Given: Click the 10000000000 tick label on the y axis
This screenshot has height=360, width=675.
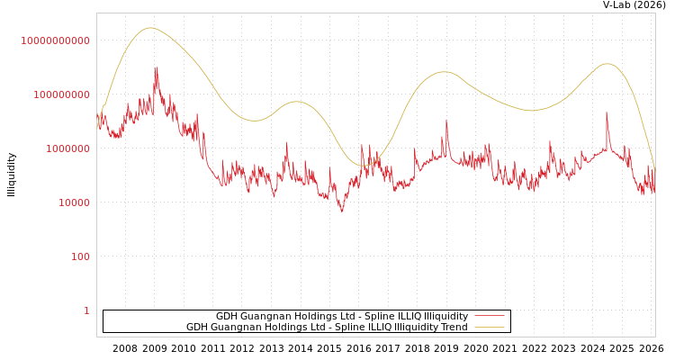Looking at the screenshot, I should pyautogui.click(x=55, y=40).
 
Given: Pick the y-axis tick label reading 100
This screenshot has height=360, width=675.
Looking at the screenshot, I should pyautogui.click(x=79, y=256).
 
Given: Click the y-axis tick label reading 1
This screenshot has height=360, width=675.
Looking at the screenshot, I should pyautogui.click(x=86, y=310).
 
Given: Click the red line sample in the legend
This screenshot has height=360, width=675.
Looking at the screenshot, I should pyautogui.click(x=489, y=317).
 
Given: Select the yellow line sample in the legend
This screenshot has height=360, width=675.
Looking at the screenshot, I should pyautogui.click(x=489, y=328).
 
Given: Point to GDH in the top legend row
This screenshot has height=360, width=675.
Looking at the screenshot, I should pyautogui.click(x=227, y=317).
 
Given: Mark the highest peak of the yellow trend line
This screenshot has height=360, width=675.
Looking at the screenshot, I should pyautogui.click(x=150, y=28).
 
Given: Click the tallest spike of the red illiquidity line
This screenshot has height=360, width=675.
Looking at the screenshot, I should pyautogui.click(x=156, y=67).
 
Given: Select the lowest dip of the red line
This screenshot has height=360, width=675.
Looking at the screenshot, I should pyautogui.click(x=341, y=211).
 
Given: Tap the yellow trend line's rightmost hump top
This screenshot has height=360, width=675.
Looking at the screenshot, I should pyautogui.click(x=607, y=63).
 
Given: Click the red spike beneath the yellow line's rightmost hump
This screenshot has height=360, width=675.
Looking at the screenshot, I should pyautogui.click(x=607, y=113).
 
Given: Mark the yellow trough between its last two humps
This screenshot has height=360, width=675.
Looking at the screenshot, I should pyautogui.click(x=531, y=111).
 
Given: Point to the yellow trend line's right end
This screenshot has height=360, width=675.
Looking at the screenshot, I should pyautogui.click(x=654, y=168).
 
